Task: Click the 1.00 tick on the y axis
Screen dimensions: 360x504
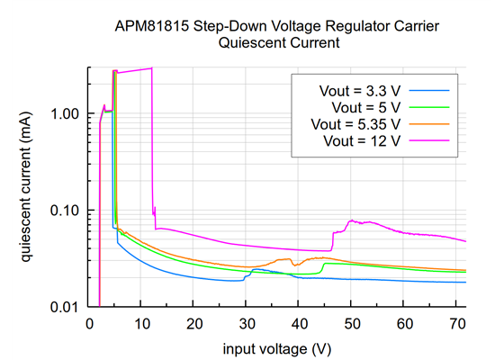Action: [x=67, y=113]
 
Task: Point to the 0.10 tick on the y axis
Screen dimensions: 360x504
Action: [x=67, y=210]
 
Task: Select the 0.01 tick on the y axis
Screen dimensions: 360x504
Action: [x=67, y=307]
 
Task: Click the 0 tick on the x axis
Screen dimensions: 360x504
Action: [x=88, y=322]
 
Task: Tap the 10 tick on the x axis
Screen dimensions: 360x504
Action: [x=141, y=322]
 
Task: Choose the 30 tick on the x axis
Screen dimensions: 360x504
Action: [x=247, y=322]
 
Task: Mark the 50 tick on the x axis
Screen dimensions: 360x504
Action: [x=352, y=322]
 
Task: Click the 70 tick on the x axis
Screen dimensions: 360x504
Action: [x=456, y=322]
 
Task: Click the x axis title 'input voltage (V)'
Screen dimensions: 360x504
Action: [x=277, y=346]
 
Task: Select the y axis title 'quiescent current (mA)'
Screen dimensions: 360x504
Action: [x=27, y=186]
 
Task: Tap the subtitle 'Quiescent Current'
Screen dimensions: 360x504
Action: [x=276, y=44]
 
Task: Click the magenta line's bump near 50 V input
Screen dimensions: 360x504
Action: [x=352, y=220]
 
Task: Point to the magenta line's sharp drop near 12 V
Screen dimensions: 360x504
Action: [x=153, y=144]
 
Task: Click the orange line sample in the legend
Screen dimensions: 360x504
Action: [x=429, y=123]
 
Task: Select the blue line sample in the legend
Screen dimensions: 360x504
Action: [x=429, y=90]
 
